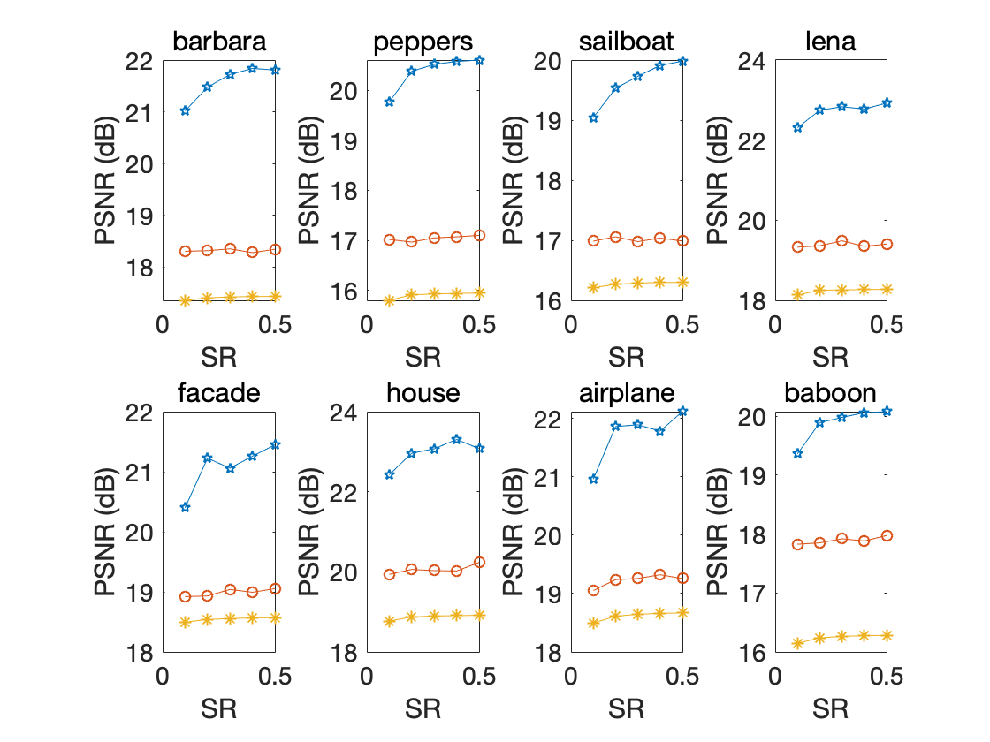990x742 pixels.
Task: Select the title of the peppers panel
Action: tap(423, 42)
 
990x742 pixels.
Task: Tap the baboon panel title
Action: tap(831, 393)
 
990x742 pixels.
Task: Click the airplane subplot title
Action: tap(627, 393)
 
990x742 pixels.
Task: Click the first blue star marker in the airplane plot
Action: tap(593, 479)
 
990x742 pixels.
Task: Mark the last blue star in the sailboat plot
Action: tap(683, 61)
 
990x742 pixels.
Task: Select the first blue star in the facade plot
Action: tap(185, 507)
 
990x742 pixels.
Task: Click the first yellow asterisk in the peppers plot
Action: tap(389, 300)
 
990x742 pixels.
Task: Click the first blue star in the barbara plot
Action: tap(185, 110)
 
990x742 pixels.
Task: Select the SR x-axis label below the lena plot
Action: tap(831, 357)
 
